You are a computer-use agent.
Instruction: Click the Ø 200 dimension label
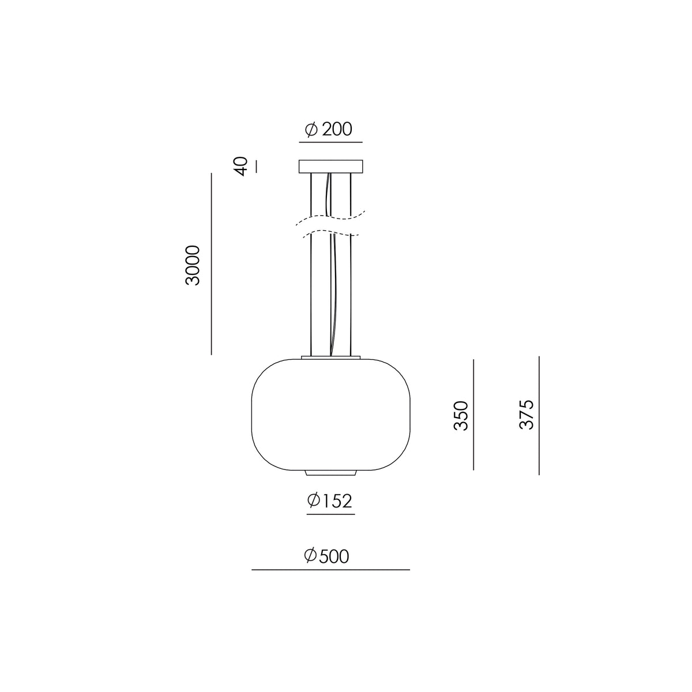(x=328, y=129)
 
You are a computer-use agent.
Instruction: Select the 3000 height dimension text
(x=193, y=265)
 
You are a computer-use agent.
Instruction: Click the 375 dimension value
(x=527, y=415)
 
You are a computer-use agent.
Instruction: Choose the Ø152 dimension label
(x=330, y=501)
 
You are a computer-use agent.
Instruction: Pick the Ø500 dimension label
(x=326, y=556)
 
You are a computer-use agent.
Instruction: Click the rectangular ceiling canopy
(x=331, y=166)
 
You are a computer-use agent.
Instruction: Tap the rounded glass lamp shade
(x=331, y=415)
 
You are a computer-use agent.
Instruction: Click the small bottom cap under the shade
(x=331, y=473)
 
